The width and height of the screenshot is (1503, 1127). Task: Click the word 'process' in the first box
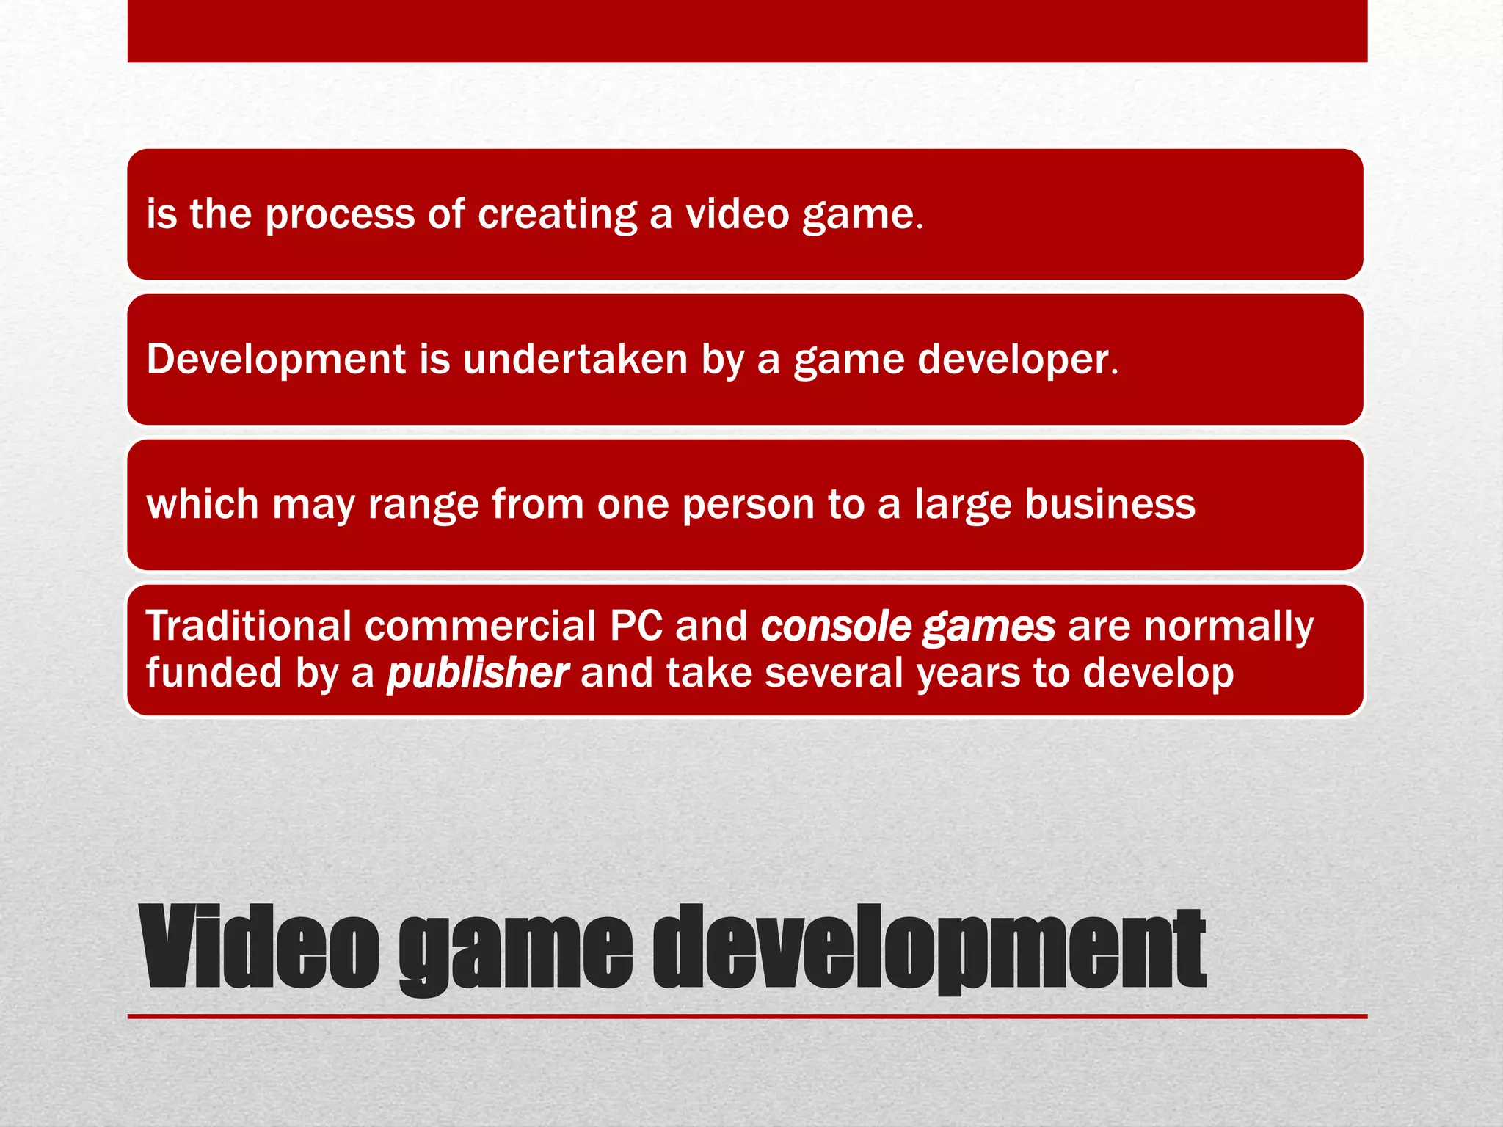click(340, 215)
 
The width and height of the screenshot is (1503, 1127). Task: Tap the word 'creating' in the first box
click(558, 215)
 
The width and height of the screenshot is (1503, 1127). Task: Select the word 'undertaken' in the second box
click(575, 360)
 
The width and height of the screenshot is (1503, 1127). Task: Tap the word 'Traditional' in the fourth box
click(249, 626)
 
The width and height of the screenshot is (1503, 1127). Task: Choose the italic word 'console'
click(836, 626)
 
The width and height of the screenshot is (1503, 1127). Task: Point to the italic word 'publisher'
click(478, 673)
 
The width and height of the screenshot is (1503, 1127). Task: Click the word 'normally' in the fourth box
click(1229, 626)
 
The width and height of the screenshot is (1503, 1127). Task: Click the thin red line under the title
click(747, 1016)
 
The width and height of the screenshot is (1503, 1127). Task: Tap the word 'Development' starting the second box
click(276, 360)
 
